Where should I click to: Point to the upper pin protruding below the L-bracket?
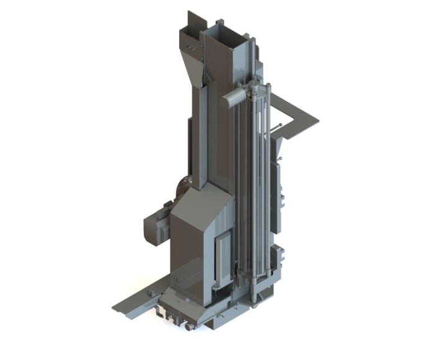(x=278, y=128)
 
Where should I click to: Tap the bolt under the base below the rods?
(x=254, y=301)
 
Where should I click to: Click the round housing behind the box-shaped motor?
(x=184, y=186)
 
